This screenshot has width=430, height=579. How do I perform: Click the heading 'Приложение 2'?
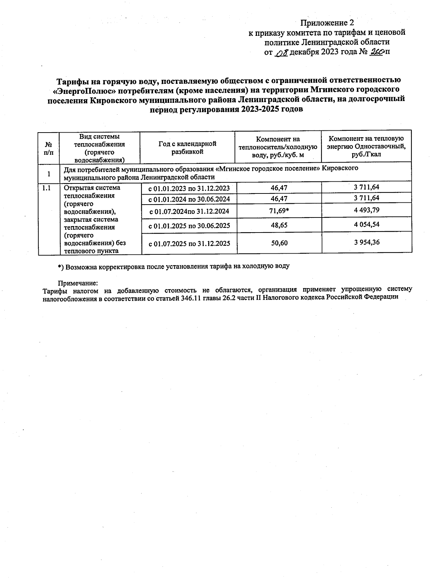[x=324, y=23]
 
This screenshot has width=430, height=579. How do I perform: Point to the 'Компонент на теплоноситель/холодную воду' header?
[x=278, y=147]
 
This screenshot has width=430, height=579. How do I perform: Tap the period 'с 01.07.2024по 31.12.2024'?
[x=189, y=211]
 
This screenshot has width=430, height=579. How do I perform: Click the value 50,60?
[x=279, y=243]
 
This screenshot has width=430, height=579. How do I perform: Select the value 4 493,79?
[x=367, y=210]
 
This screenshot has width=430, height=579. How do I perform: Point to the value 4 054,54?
[x=367, y=225]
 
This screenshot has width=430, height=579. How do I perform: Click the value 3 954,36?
[x=367, y=242]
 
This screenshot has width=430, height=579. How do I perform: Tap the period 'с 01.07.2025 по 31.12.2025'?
[x=189, y=244]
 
